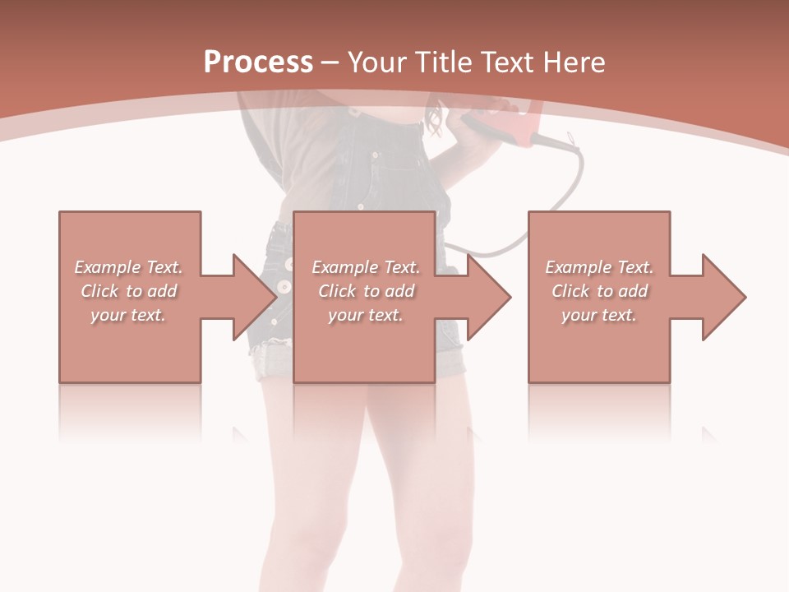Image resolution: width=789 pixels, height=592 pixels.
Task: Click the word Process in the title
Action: coord(258,62)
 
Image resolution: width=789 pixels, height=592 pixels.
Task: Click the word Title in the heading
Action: coord(443,62)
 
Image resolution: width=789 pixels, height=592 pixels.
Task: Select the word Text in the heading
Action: coord(505,62)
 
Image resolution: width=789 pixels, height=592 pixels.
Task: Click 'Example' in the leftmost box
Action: coord(107,267)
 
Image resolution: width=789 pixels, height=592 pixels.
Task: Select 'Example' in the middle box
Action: coord(344,267)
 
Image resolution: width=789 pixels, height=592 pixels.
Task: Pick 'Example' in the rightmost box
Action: coord(578,267)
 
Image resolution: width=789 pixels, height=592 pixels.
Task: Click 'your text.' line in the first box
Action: coord(128,315)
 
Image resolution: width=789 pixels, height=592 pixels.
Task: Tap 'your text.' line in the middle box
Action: coord(365,315)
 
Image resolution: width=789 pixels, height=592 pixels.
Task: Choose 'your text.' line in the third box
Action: coord(599,315)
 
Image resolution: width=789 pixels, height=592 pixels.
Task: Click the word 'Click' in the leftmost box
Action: coord(99,291)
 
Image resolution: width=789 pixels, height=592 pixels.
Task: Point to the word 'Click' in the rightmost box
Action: coord(570,291)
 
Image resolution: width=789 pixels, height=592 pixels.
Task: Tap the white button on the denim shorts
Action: coord(283,286)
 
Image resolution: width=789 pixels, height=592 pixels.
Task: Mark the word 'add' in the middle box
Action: coord(399,291)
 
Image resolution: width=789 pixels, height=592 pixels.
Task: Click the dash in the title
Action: coord(330,63)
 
